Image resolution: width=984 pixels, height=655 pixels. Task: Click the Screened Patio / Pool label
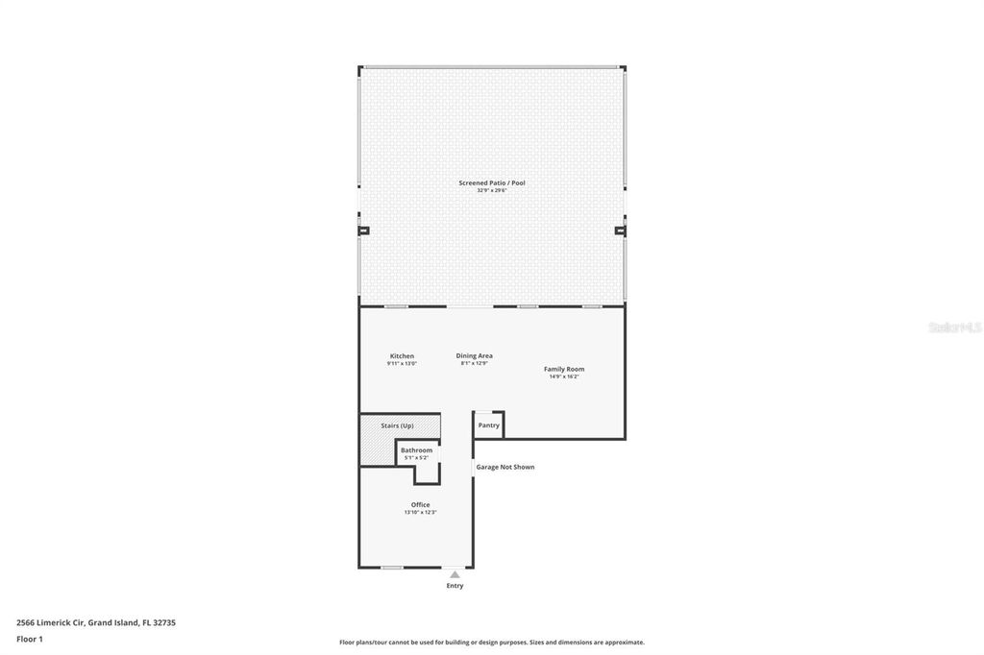[491, 182]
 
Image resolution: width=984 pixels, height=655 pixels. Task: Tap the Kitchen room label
[402, 356]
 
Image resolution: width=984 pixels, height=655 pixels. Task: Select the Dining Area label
[474, 355]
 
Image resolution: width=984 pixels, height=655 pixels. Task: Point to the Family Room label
[564, 369]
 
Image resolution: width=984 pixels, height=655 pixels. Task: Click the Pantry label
[488, 425]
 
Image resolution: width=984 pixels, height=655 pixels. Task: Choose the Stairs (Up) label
[397, 425]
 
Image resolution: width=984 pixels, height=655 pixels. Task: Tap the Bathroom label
[416, 449]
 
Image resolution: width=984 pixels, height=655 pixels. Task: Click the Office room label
[420, 504]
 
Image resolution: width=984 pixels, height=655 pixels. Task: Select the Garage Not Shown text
[505, 467]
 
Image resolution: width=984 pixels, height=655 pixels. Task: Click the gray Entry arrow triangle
[455, 574]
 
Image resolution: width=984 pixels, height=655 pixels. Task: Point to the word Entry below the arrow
[455, 586]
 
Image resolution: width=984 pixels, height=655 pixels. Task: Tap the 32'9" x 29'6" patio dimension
[491, 190]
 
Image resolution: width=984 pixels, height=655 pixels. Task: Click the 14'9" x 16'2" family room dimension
[564, 376]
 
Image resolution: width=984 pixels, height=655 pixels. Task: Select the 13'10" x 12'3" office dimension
[420, 512]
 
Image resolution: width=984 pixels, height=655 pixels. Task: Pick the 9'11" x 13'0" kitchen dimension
[402, 364]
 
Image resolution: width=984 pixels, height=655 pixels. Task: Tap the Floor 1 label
[30, 639]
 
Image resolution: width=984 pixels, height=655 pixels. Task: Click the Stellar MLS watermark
[954, 327]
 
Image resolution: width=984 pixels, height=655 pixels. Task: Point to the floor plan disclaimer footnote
[491, 643]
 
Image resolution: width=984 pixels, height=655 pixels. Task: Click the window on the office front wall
[391, 568]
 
